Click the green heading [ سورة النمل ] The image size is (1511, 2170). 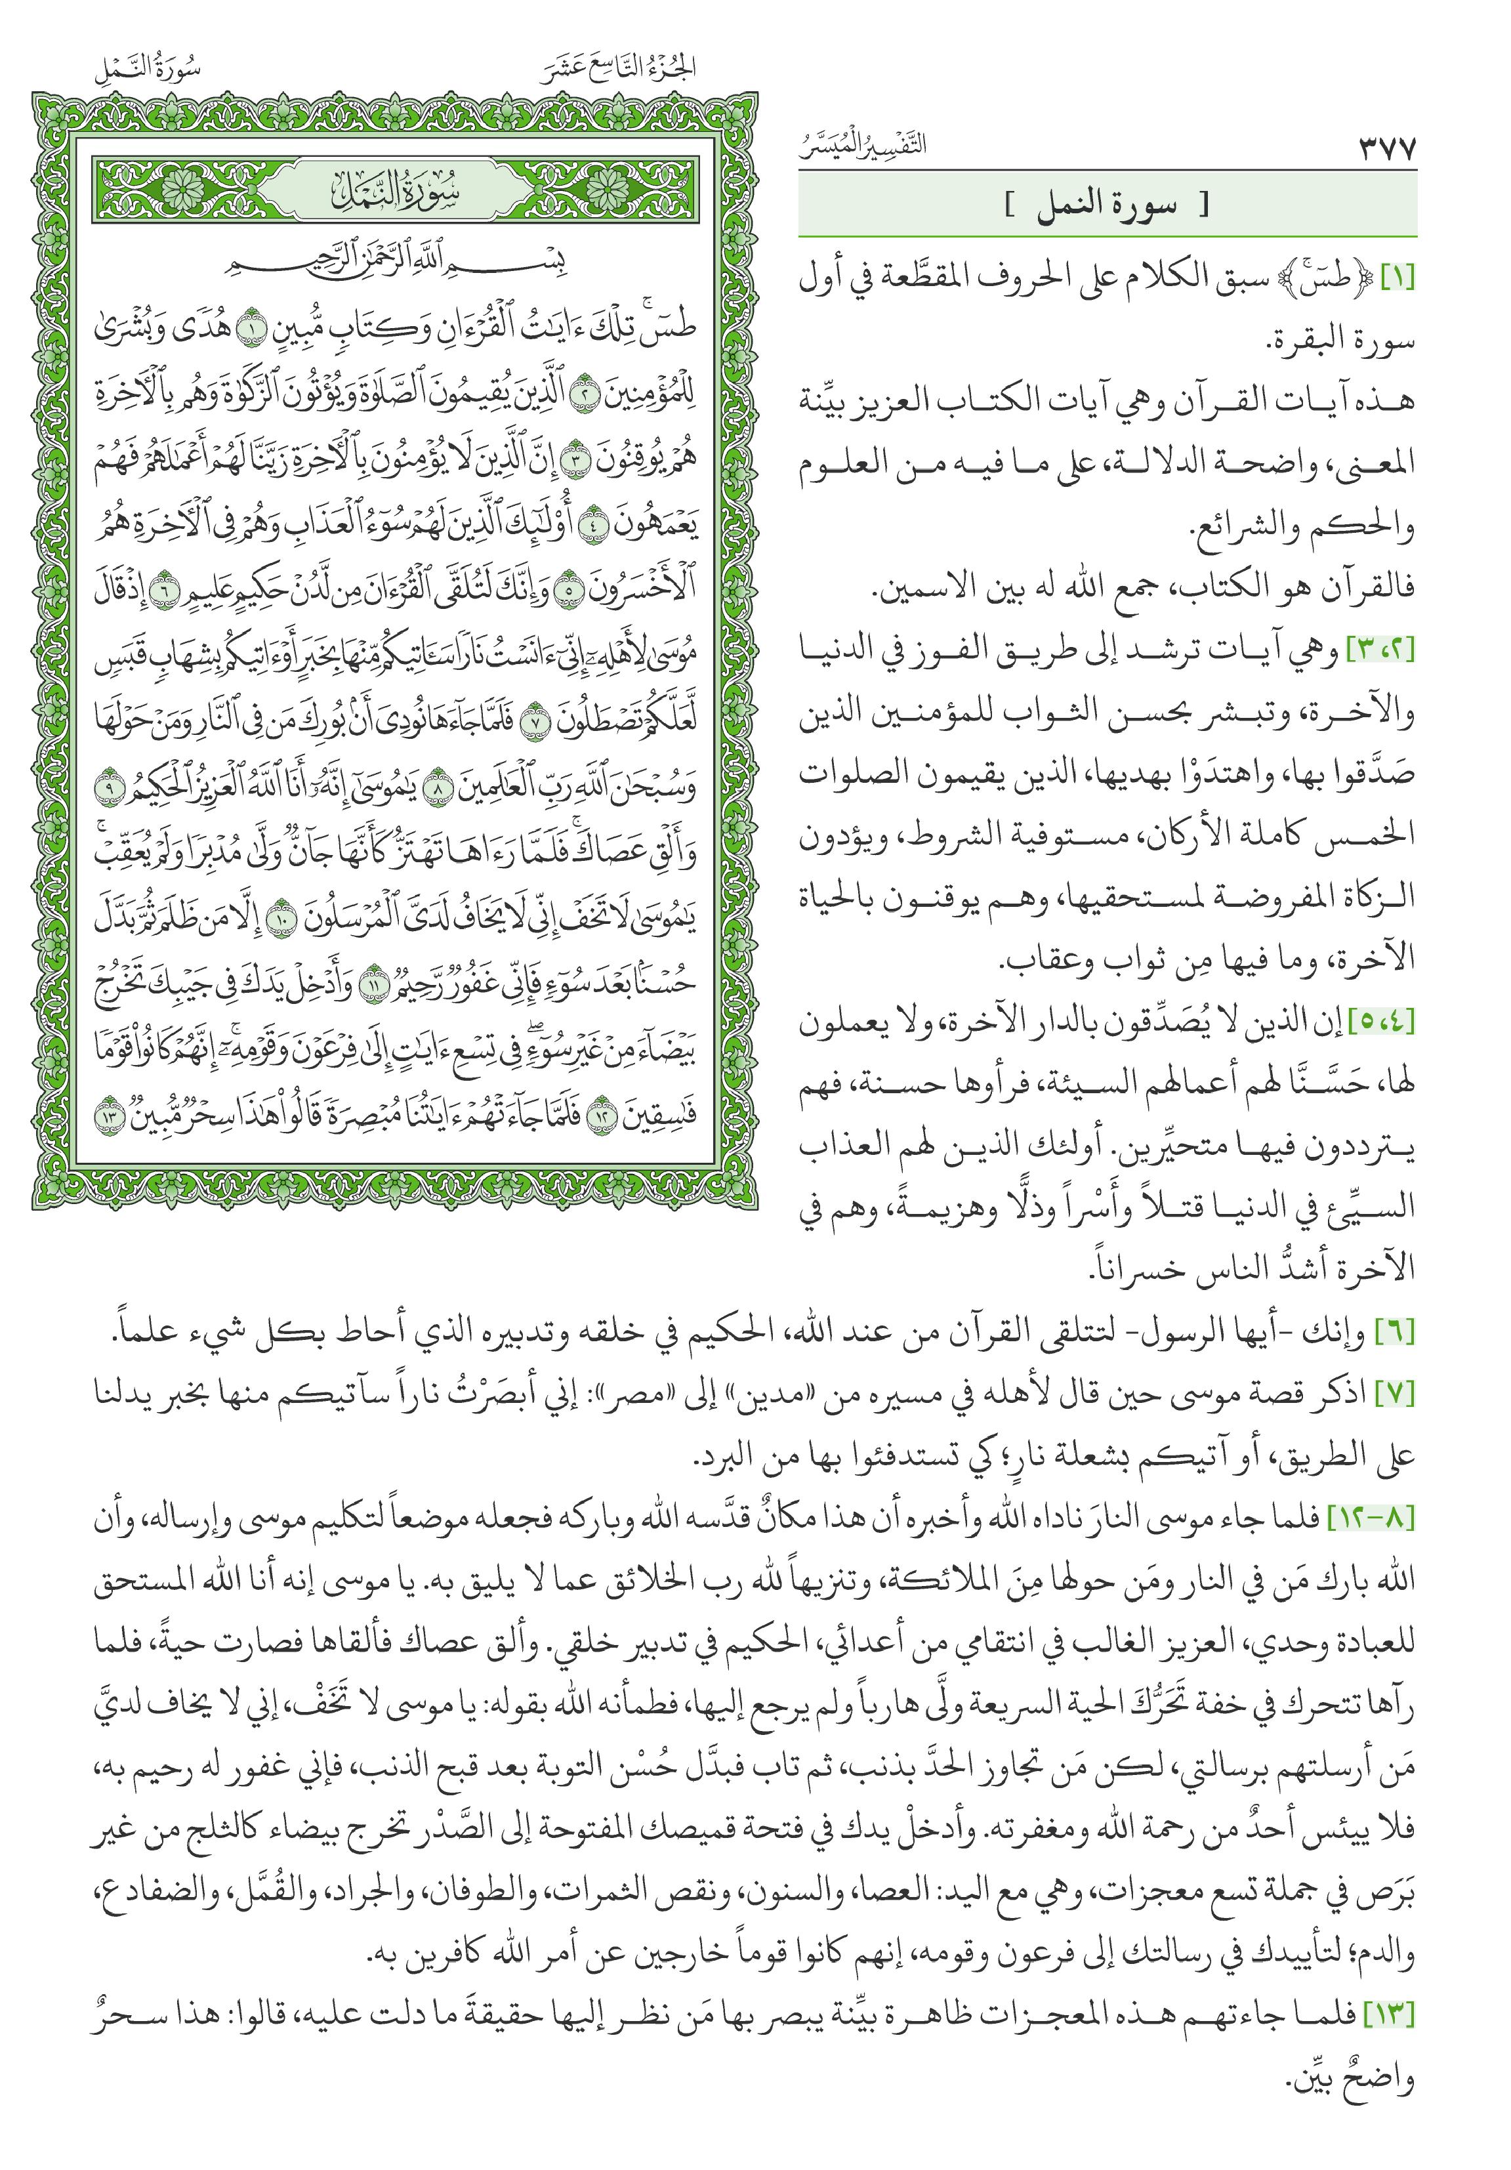[1107, 206]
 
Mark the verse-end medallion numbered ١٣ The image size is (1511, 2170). [111, 1117]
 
